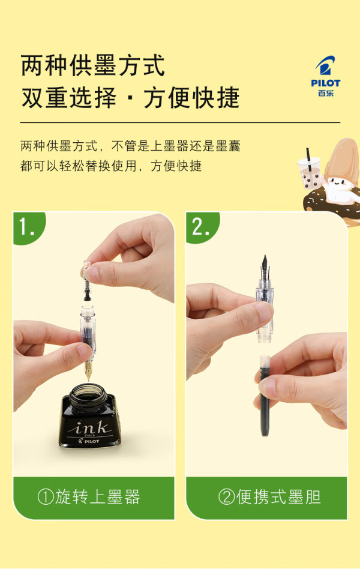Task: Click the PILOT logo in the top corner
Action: (326, 76)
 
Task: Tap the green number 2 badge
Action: (202, 227)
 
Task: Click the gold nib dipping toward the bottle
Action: (88, 371)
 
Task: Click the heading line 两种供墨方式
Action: (93, 65)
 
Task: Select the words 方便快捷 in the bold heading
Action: (191, 98)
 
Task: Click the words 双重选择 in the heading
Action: (69, 98)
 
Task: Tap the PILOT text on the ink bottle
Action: (89, 441)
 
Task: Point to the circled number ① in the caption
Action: (46, 497)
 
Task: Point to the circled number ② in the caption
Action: (227, 497)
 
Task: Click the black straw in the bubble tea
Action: (309, 157)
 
